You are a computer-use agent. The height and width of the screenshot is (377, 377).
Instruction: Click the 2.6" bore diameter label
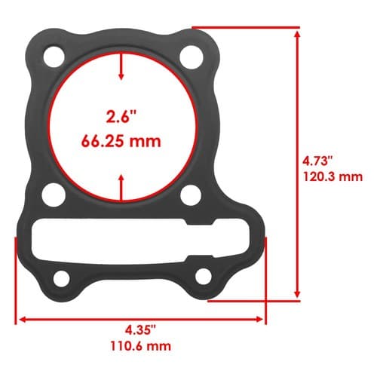[x=121, y=117]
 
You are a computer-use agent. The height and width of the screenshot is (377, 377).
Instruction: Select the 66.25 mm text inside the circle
[x=121, y=141]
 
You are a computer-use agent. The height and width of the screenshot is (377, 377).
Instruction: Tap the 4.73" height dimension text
[x=317, y=161]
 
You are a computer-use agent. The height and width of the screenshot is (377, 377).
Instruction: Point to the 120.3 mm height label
[x=333, y=176]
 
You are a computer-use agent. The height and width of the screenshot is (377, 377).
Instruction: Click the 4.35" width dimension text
[x=141, y=330]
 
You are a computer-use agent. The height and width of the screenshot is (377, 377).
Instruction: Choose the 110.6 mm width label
[x=141, y=346]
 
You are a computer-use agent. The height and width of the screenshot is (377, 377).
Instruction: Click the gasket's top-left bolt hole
[x=54, y=57]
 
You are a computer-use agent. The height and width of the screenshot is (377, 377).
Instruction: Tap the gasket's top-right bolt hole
[x=192, y=57]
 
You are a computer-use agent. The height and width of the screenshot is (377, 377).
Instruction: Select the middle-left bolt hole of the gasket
[x=54, y=195]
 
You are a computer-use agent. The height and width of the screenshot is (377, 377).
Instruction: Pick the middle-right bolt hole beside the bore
[x=191, y=195]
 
